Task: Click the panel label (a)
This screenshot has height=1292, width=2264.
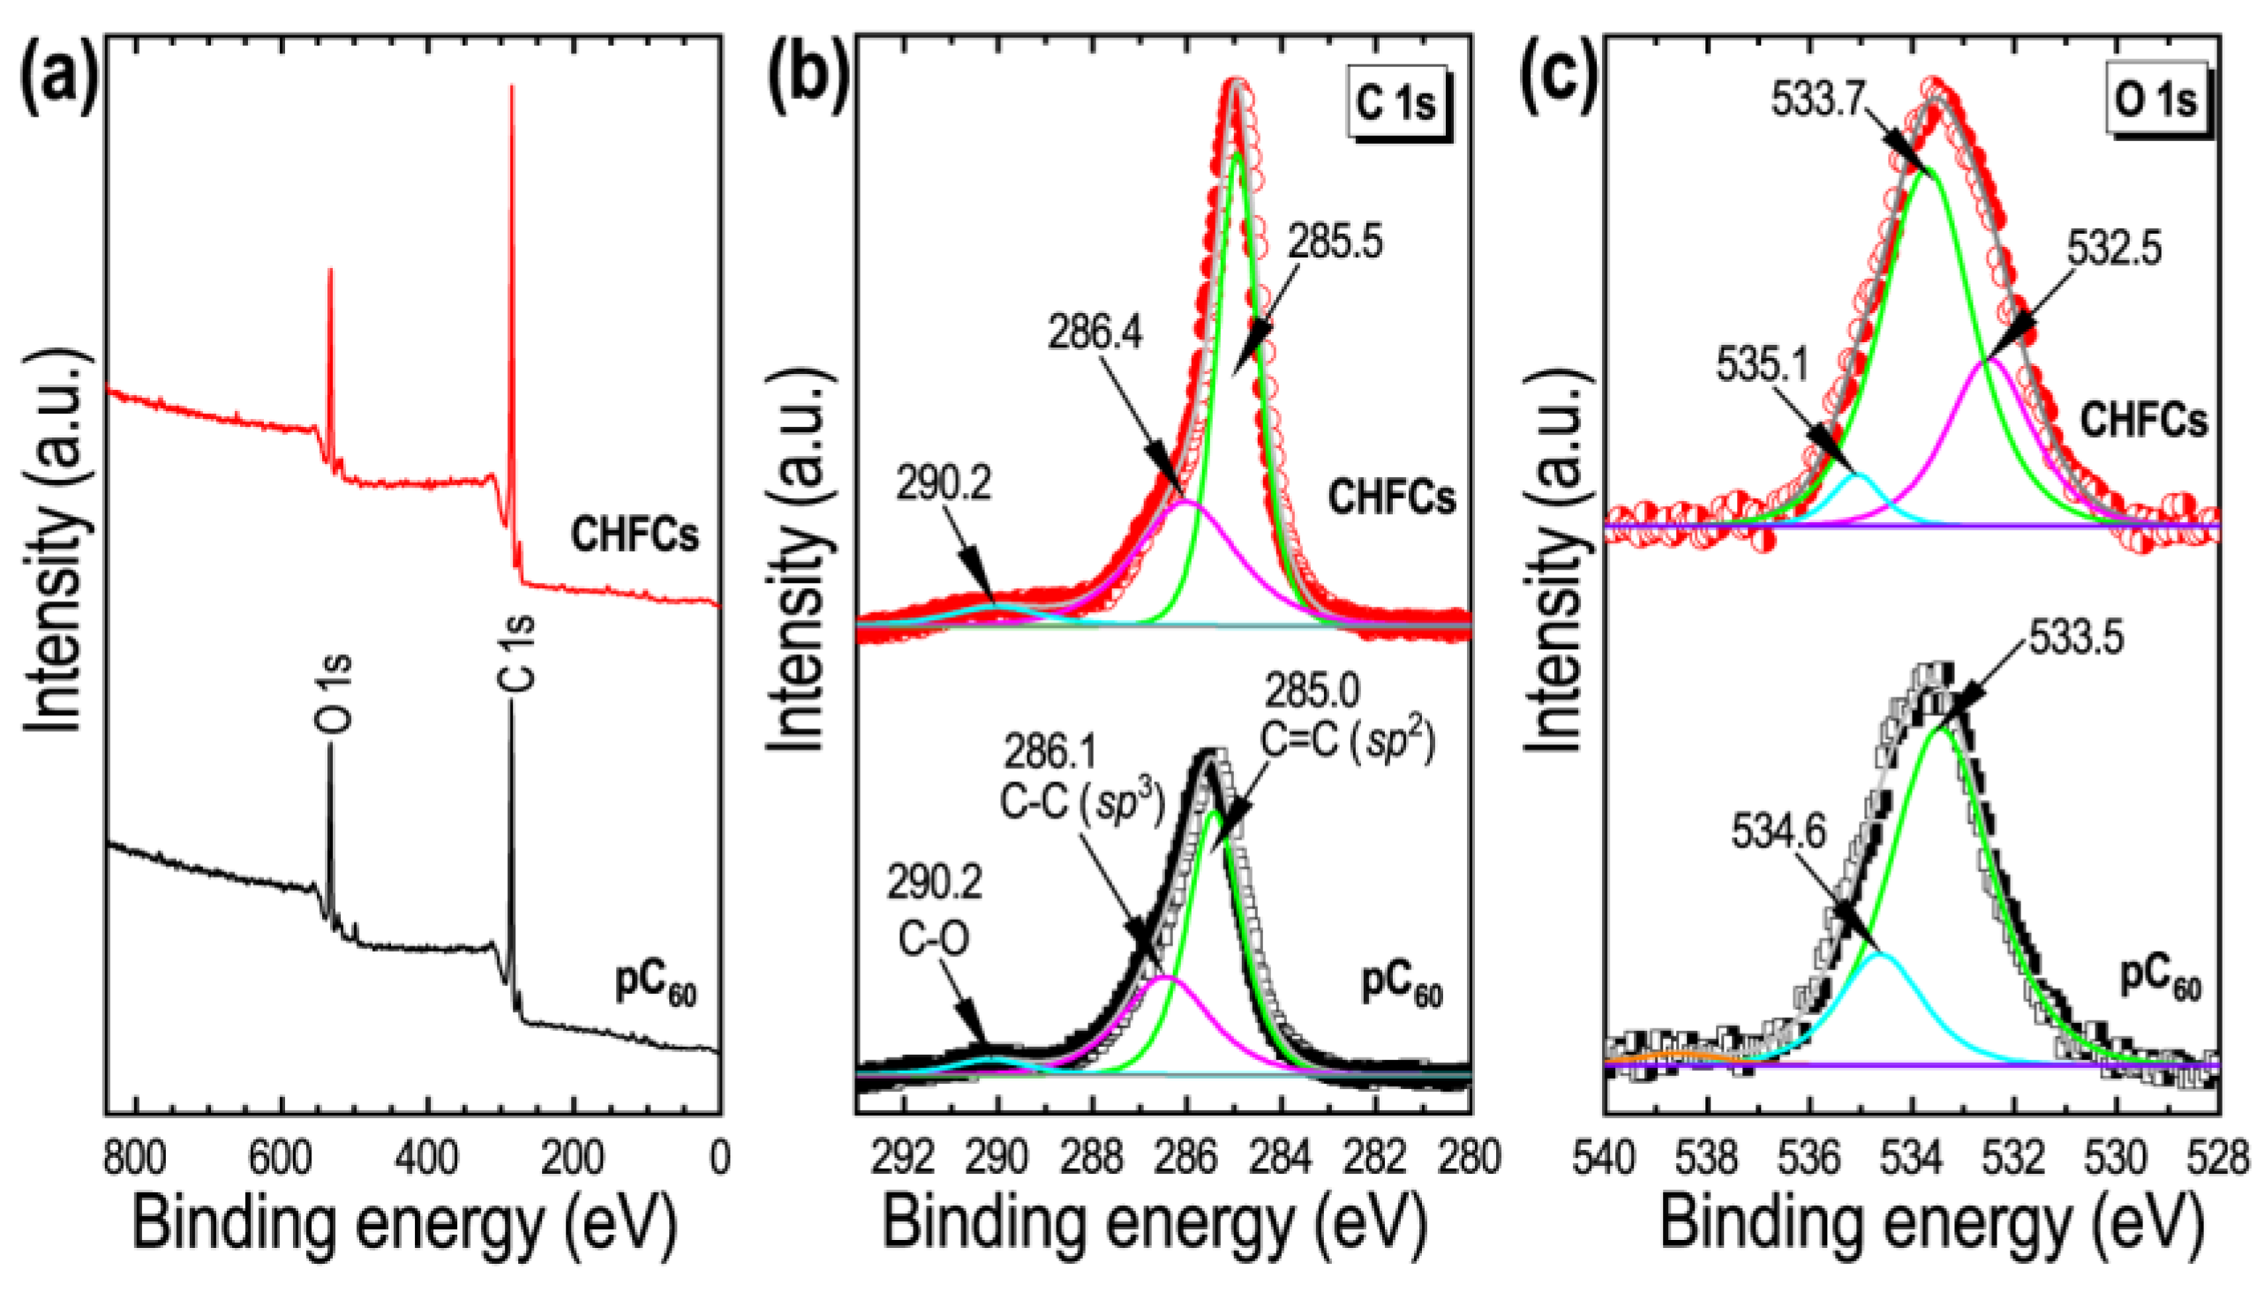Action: tap(56, 81)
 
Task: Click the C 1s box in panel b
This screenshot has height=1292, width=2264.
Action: tap(1395, 104)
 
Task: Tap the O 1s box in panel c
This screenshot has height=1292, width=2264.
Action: tap(2155, 101)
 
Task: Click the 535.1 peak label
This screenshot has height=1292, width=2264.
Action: tap(1762, 365)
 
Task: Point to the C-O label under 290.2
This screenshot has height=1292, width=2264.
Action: tap(933, 939)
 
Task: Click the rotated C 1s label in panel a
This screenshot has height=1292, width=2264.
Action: tap(515, 653)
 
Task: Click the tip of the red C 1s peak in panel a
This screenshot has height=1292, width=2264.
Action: tap(511, 87)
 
